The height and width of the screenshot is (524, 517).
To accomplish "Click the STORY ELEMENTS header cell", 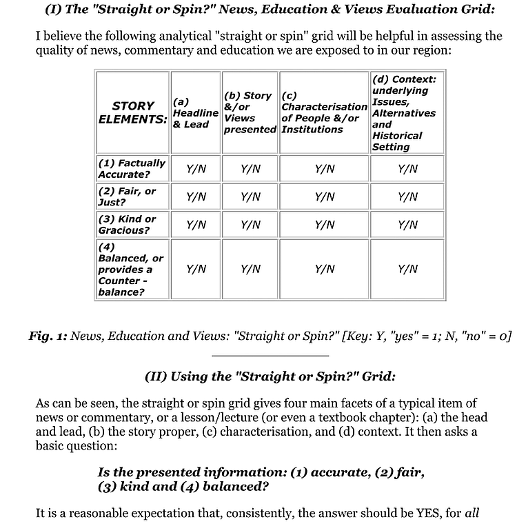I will (133, 112).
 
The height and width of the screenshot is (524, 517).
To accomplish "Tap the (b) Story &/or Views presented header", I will (250, 112).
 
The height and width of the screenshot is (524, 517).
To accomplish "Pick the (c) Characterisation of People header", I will (324, 112).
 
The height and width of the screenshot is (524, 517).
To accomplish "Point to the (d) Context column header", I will (407, 112).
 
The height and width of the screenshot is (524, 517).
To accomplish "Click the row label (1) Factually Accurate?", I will (132, 169).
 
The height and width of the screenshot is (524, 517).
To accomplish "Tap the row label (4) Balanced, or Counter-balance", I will (131, 269).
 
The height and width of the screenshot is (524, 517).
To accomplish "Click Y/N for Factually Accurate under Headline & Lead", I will (196, 169).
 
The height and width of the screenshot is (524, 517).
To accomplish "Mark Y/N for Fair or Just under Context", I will (407, 196).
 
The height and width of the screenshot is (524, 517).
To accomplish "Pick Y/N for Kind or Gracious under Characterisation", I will (324, 224).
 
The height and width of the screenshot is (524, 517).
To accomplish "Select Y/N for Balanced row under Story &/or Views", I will (250, 269).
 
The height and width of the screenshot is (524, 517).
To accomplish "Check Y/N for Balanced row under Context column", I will (407, 269).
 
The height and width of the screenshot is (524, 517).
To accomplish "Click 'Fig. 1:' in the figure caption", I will (48, 336).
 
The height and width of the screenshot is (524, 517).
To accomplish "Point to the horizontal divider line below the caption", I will (270, 356).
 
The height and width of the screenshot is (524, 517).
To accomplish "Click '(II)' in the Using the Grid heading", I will (156, 376).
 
